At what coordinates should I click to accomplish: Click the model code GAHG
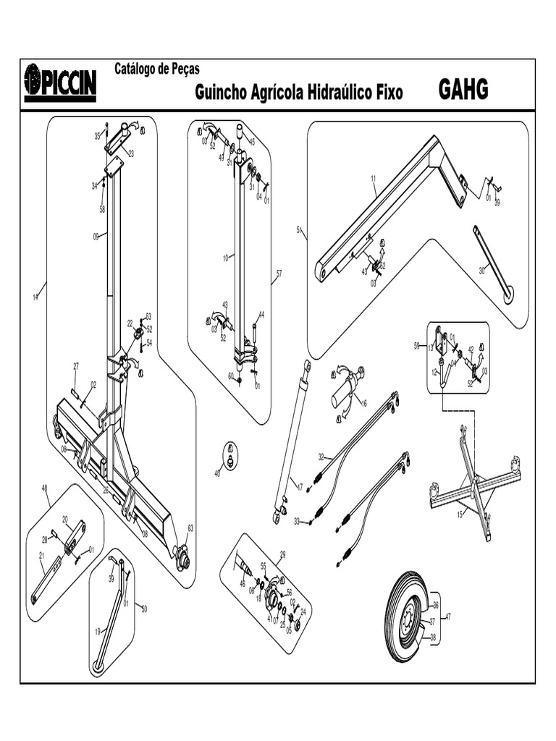pos(463,90)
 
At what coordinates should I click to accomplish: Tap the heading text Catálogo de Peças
pos(157,69)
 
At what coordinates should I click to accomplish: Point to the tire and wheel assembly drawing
pos(409,617)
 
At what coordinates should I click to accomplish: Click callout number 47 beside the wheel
pos(448,617)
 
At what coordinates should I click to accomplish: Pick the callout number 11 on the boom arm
pos(374,178)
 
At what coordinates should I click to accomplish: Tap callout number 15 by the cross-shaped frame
pos(459,515)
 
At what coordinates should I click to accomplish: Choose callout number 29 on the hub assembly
pos(282,554)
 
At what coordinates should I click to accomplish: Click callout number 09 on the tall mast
pos(96,235)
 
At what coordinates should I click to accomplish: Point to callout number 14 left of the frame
pos(35,297)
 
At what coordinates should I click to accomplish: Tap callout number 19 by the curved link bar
pos(97,631)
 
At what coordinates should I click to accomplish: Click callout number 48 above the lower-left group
pos(46,488)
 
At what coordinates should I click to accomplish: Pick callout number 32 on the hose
pos(321,457)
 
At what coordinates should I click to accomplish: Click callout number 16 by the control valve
pos(363,403)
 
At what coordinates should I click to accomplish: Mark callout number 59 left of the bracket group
pos(417,346)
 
